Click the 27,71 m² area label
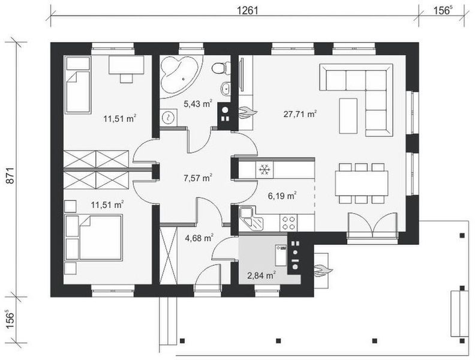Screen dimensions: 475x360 [x=300, y=114]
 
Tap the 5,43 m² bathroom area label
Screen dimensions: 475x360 [x=198, y=104]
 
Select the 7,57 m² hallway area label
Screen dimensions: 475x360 [x=197, y=178]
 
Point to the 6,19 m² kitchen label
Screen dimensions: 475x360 [x=282, y=196]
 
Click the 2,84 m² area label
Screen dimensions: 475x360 [x=261, y=275]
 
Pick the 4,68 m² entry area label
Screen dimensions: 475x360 [x=199, y=238]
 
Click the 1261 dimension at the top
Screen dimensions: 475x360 [x=247, y=11]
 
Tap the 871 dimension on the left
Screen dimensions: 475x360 [x=10, y=175]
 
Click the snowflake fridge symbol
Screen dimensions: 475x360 [x=264, y=169]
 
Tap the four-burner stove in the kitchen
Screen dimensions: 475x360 [x=288, y=223]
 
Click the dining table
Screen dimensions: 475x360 [x=362, y=184]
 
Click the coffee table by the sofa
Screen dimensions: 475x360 [x=348, y=115]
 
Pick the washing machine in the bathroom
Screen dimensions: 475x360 [x=167, y=117]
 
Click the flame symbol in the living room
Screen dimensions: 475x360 [x=248, y=113]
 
